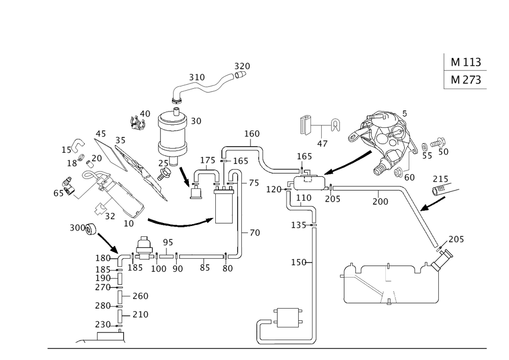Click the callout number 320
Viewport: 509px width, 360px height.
[242, 67]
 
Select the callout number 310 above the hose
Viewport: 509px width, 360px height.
[196, 77]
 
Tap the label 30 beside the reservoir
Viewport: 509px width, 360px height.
[196, 121]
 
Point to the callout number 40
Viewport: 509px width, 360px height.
[146, 113]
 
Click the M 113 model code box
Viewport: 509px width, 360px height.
[465, 62]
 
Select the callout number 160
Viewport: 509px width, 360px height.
[252, 134]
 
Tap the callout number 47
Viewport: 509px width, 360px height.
[322, 144]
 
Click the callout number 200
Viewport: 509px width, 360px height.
[380, 202]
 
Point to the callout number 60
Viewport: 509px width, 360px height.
[409, 177]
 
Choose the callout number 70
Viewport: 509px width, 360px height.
[254, 233]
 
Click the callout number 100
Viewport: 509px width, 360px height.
[159, 269]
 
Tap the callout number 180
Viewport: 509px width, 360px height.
[102, 258]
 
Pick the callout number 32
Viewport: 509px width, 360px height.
[109, 216]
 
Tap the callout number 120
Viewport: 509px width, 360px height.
[274, 189]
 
